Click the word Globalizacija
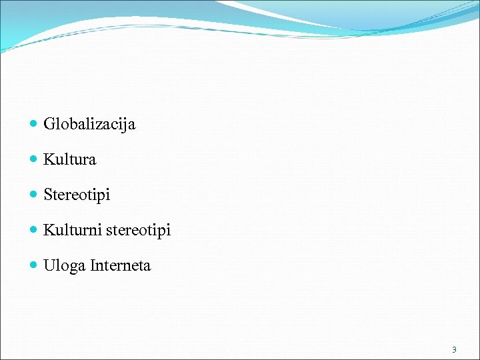point(89,124)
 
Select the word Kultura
point(70,159)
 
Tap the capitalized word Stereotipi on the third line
point(77,195)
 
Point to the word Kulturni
point(70,230)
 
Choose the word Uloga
point(64,266)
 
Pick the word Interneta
point(121,265)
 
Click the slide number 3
point(454,349)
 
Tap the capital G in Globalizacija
point(49,124)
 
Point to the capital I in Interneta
point(93,265)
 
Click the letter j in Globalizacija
point(123,125)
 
